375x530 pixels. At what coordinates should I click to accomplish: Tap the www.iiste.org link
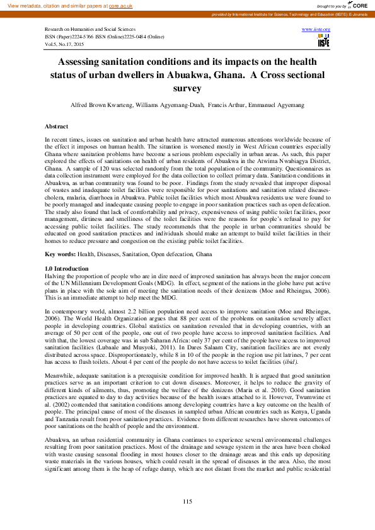pyautogui.click(x=316, y=30)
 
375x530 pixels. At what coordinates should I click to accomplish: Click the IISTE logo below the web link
pyautogui.click(x=323, y=42)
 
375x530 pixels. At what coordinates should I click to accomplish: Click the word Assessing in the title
pyautogui.click(x=84, y=62)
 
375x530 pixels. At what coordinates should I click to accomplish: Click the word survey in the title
pyautogui.click(x=187, y=89)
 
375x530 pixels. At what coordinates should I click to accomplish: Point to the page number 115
pyautogui.click(x=187, y=501)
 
